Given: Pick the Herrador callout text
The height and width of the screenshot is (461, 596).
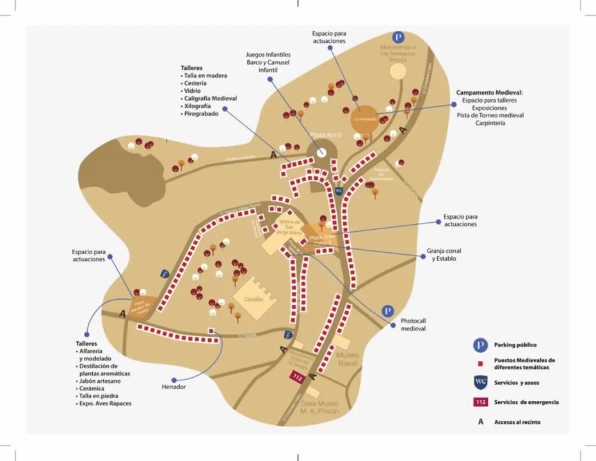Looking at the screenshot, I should [x=173, y=387].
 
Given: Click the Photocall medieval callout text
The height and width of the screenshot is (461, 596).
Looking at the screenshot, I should [x=413, y=325].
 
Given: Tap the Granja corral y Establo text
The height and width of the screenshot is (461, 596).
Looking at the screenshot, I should [x=443, y=255].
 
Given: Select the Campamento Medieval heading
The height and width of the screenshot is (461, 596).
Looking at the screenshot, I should [x=490, y=93].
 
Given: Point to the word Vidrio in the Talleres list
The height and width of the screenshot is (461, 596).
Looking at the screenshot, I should [x=193, y=91].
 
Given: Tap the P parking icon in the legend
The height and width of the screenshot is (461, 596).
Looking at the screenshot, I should [x=480, y=345].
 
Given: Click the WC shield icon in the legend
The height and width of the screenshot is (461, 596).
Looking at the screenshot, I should [x=480, y=382].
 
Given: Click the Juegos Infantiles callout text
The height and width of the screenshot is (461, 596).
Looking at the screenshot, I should [x=268, y=62].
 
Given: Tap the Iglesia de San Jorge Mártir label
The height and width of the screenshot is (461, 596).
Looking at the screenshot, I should [x=288, y=227].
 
